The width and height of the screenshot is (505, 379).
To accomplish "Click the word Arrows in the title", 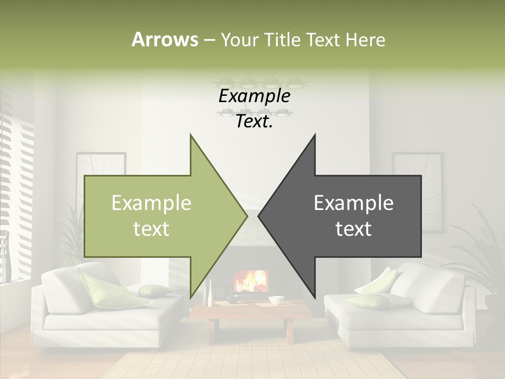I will click(165, 39).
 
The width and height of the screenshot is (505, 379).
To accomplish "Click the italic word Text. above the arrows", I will click(254, 122).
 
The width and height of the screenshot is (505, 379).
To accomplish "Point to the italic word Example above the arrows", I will click(254, 96).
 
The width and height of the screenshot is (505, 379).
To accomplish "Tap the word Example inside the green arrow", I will click(151, 203).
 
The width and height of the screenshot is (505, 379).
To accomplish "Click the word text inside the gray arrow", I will click(353, 229).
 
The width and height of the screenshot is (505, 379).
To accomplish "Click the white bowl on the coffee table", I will click(276, 300).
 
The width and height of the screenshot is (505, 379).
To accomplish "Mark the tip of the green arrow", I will click(246, 216).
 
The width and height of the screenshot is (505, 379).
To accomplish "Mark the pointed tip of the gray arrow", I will click(259, 216).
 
